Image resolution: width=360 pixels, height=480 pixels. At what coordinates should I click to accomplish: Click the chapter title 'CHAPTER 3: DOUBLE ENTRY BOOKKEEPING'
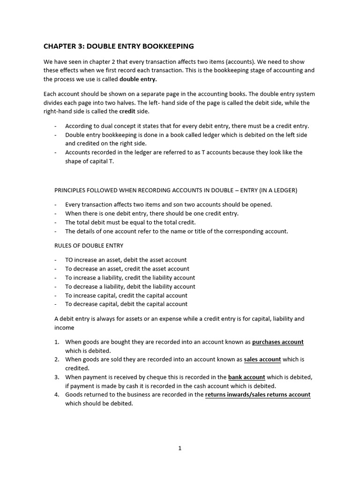pos(119,46)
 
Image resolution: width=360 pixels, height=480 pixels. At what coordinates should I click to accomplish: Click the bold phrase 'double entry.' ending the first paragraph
pos(138,79)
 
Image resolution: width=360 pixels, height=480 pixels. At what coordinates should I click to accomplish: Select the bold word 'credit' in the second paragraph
pos(127,111)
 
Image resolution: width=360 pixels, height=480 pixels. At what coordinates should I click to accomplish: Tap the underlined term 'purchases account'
pos(277,342)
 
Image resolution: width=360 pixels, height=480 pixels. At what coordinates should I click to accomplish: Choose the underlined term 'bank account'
pos(247,377)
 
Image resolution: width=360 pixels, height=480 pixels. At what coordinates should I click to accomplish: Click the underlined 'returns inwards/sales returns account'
pos(258,395)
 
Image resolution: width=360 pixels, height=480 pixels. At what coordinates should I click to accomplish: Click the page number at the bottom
pos(180,448)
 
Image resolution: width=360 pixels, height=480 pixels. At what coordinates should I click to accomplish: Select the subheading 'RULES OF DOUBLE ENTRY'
pos(89,246)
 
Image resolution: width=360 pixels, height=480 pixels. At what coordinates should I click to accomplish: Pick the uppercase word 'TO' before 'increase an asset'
pos(69,260)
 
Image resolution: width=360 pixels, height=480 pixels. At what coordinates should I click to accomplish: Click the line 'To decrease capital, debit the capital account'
pos(126,304)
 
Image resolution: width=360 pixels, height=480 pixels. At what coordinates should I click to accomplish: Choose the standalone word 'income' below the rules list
pos(64,328)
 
